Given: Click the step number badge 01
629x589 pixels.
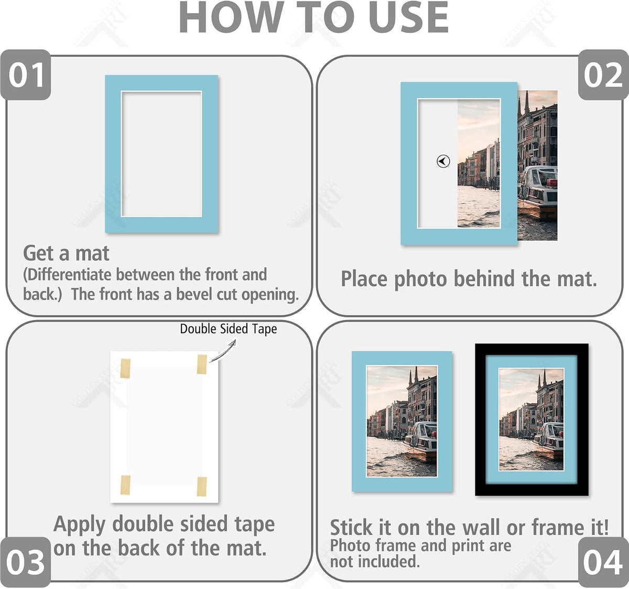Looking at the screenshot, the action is pos(26,75).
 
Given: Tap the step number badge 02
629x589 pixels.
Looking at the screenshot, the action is pos(603,75).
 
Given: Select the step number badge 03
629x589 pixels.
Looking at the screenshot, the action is pos(26,562).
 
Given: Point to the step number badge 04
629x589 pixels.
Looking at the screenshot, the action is pos(603,562).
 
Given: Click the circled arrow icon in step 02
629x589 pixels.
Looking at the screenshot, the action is pos(443,161).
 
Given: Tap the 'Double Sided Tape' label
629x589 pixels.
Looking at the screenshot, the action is pos(229,329).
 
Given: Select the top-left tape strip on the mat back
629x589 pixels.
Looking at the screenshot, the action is pos(125,368).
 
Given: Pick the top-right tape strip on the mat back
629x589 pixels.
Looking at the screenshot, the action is pos(202,364).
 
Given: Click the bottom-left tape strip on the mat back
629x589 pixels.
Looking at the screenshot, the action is pos(125,485).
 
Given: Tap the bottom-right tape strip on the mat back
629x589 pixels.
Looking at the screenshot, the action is pos(202,486).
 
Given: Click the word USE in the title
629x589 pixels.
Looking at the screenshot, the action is pos(408,17).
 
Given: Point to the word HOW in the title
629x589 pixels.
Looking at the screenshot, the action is pos(232,17).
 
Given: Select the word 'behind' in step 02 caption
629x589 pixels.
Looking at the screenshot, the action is pos(484,279).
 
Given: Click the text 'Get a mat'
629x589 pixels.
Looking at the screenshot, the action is pos(66,253).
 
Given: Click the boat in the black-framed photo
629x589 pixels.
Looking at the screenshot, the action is pos(548,440).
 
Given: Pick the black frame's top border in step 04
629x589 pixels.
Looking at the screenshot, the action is pos(532,349).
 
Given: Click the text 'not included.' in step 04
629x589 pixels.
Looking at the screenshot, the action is pos(375,561).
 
